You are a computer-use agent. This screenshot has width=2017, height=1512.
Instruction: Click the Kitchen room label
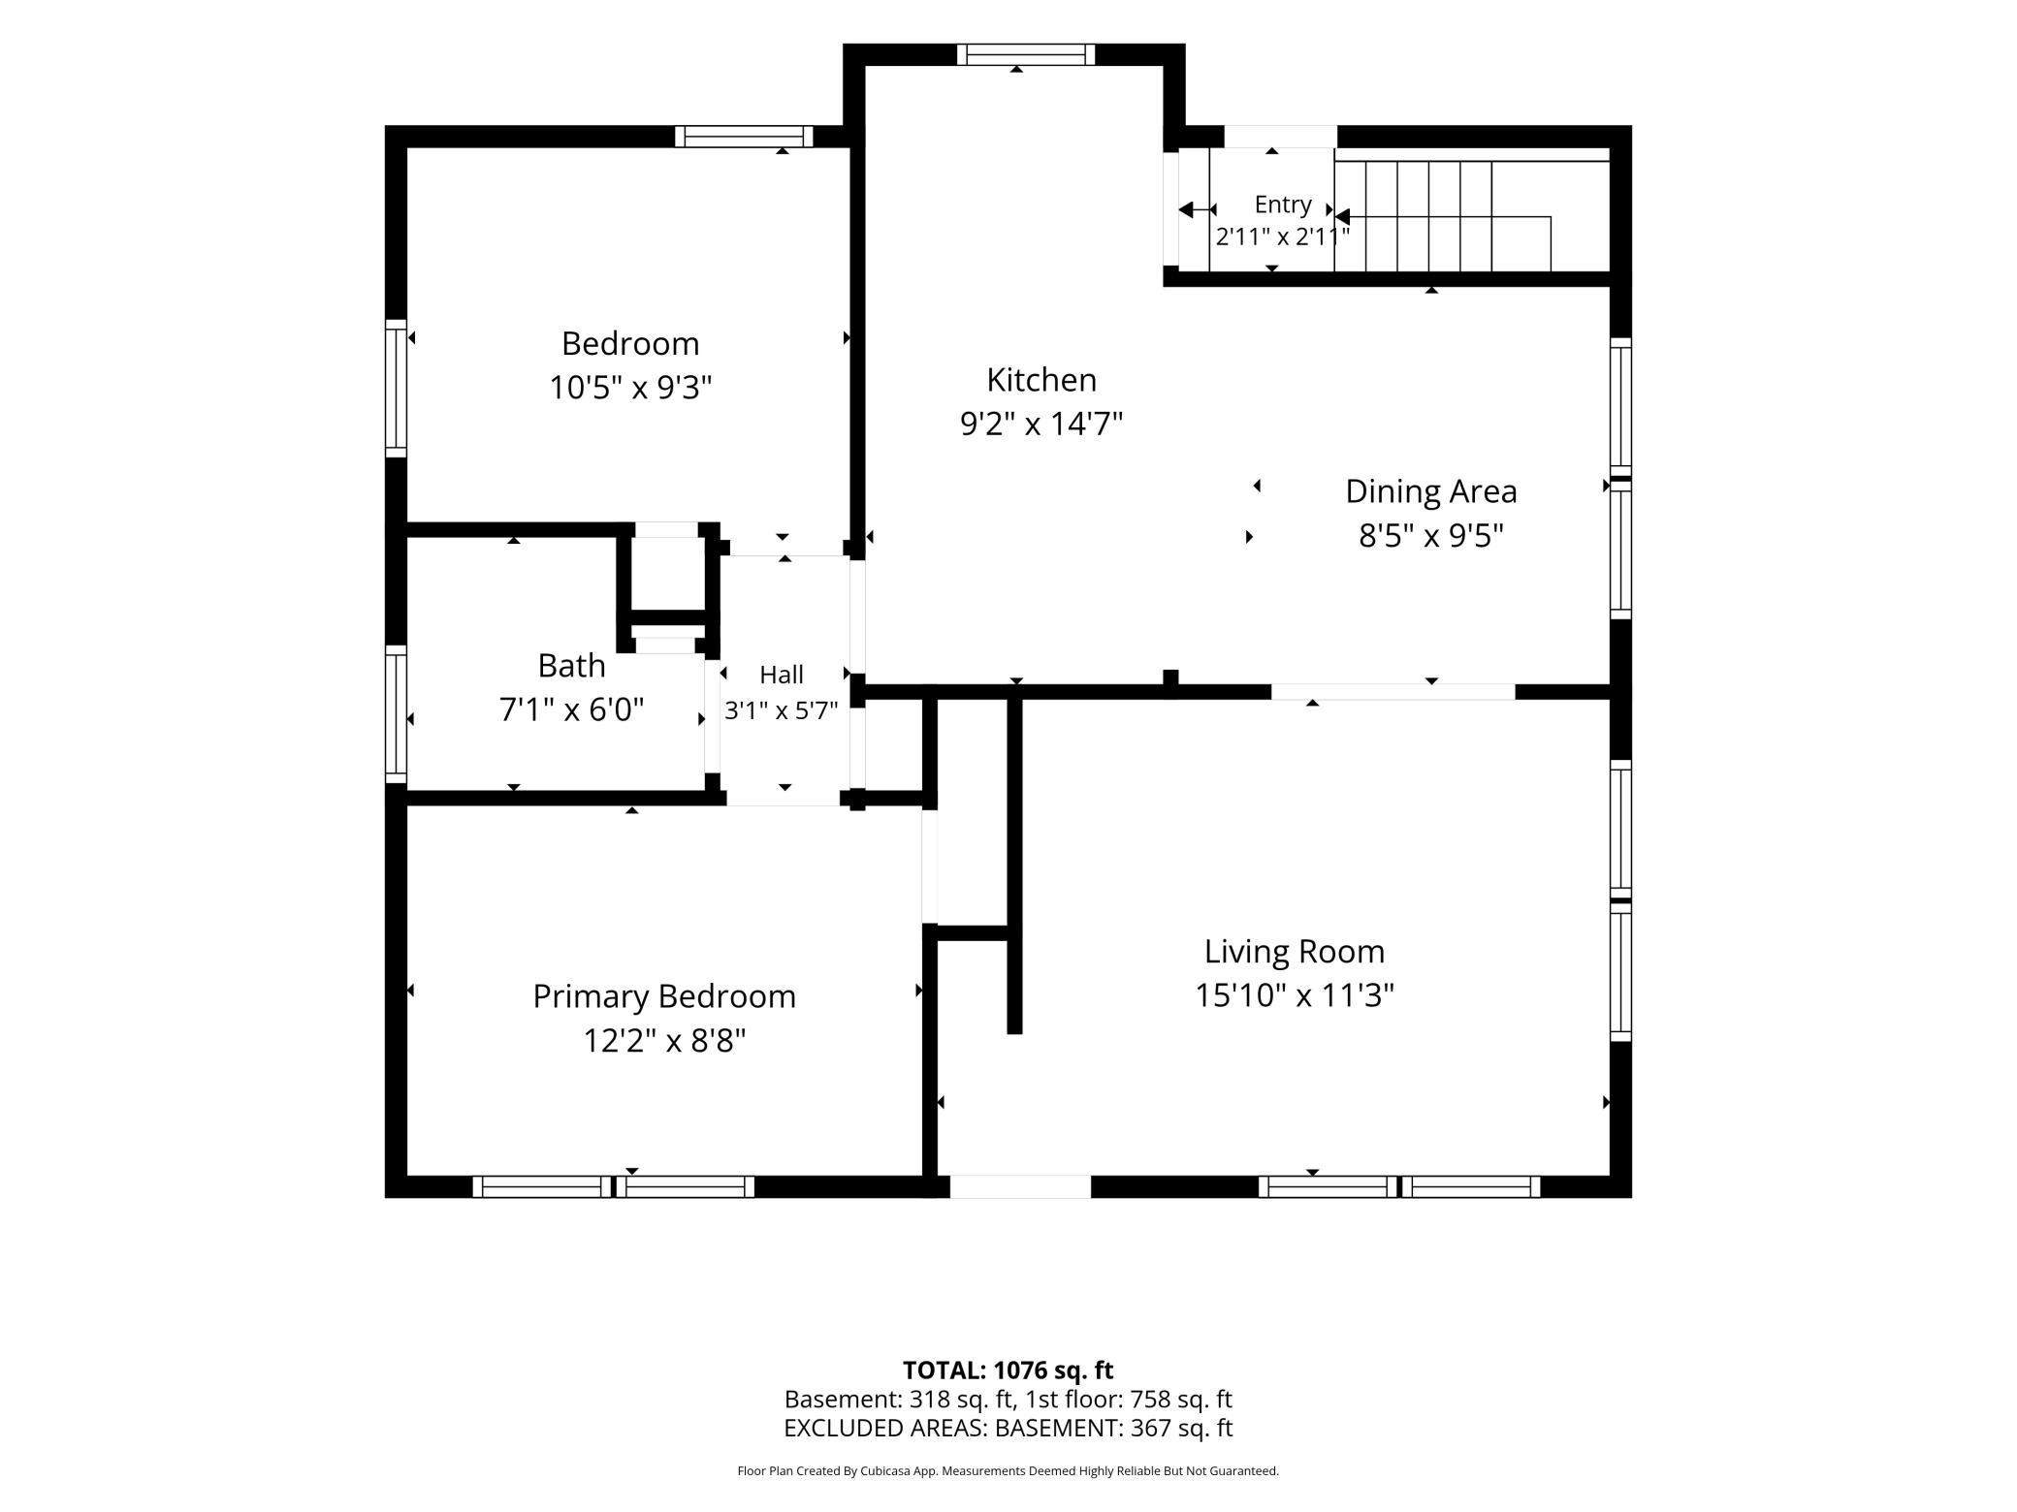pos(1041,380)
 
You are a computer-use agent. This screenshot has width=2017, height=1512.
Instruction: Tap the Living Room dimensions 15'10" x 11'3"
pos(1295,995)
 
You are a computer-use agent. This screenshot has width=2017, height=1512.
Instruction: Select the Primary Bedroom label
pos(664,996)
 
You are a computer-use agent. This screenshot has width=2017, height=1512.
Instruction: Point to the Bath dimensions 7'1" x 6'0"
pos(571,710)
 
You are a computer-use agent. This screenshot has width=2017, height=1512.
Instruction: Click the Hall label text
pos(782,675)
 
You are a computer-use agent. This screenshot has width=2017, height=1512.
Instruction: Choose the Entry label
pos(1283,205)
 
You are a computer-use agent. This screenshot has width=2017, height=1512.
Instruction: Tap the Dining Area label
pos(1431,491)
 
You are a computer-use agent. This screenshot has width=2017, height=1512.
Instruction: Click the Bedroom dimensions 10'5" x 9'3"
pos(630,388)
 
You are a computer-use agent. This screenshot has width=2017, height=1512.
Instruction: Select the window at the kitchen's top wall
pos(1026,54)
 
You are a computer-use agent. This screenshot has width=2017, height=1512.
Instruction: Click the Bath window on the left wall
pos(396,714)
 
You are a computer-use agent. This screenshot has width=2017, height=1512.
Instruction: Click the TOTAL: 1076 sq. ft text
pos(1008,1370)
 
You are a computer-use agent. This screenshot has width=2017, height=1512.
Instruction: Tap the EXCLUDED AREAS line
pos(1008,1428)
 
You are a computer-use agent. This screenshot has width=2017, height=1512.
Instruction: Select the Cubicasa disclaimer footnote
pos(1008,1471)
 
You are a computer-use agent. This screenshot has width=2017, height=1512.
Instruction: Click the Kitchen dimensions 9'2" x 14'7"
pos(1041,424)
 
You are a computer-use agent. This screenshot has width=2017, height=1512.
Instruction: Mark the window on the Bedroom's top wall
pos(745,137)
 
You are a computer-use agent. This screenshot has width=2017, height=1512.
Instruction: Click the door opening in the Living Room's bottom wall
pos(1020,1186)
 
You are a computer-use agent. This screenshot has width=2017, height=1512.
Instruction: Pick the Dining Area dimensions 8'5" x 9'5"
pos(1431,536)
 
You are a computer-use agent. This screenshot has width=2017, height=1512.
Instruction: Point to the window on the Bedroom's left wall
pos(396,388)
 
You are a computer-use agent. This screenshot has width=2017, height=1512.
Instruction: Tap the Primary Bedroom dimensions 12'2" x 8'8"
pos(664,1041)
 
